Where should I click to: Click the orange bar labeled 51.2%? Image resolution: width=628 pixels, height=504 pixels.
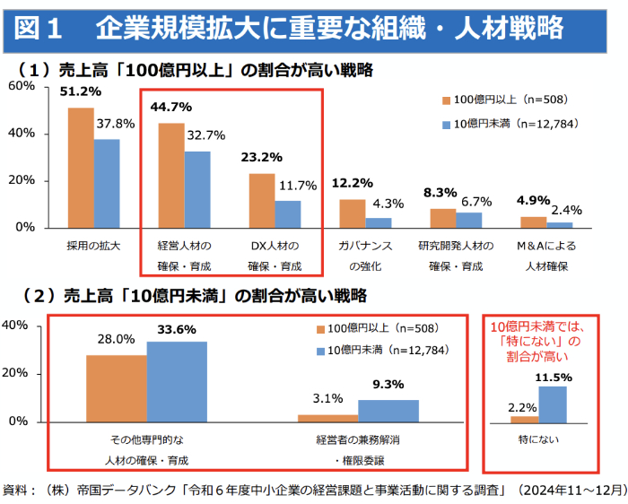click(82, 168)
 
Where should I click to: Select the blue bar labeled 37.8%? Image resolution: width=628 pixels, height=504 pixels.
click(107, 183)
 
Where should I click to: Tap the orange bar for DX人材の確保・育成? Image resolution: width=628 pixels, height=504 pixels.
click(261, 200)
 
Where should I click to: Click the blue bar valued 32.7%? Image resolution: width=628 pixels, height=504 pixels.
click(197, 189)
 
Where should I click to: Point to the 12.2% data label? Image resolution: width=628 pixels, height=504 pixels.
click(353, 183)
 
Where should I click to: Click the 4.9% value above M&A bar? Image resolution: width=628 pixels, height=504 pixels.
click(534, 200)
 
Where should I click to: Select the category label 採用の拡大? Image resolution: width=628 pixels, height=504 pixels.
click(94, 245)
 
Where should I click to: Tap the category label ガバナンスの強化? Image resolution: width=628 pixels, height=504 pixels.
click(365, 255)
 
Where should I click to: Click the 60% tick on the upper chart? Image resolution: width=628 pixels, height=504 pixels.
click(22, 86)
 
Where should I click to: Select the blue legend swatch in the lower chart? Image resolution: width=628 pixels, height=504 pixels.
click(320, 351)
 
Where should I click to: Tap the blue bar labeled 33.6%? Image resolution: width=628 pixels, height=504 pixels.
click(177, 381)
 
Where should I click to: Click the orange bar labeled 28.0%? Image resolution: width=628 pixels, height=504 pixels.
click(117, 387)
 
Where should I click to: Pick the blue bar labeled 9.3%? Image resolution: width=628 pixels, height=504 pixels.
click(388, 411)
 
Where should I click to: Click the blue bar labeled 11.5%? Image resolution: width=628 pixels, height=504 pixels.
click(553, 404)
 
